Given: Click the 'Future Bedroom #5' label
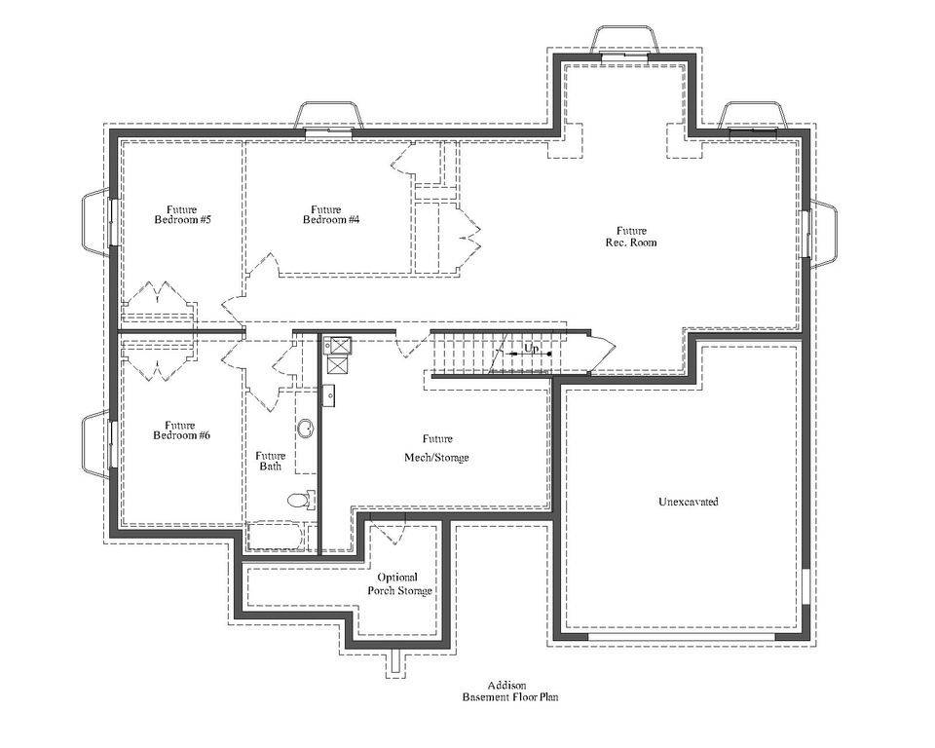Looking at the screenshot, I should point(182,215).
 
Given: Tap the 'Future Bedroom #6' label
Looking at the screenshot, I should point(181,430).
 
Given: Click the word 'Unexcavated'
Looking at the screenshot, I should point(688,502).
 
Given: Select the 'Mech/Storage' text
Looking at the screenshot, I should point(436,457).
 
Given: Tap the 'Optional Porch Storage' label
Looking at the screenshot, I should point(398,584).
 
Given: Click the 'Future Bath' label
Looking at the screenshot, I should point(270,462).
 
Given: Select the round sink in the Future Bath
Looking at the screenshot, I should point(306,429).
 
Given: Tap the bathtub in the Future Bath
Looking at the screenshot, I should point(276,537).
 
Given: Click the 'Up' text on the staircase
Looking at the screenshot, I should point(532,349).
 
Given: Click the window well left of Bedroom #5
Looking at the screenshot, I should point(98,223).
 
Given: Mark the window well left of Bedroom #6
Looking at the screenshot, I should point(98,444).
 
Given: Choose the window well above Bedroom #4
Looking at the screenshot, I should point(328,117).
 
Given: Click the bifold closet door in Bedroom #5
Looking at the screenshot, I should point(156,296).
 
